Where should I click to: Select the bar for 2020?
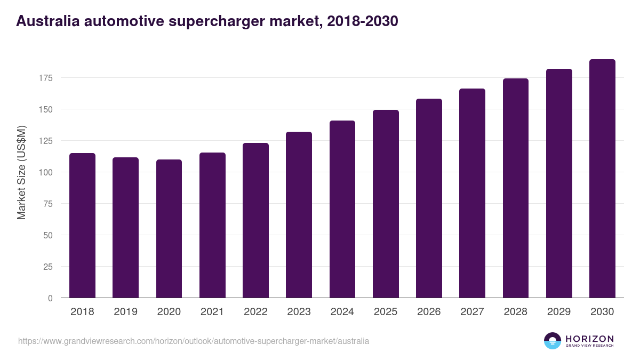coord(169,229)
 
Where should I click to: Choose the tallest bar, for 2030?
coord(602,179)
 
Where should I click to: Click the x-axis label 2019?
coord(125,312)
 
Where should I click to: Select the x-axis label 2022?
coord(255,312)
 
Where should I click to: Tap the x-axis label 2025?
coord(386,312)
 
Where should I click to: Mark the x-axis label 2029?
coord(559,312)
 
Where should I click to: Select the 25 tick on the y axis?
coord(48,267)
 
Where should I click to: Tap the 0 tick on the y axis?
coord(50,298)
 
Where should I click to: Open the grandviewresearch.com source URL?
coord(193,341)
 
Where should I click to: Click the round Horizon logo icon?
coord(553,341)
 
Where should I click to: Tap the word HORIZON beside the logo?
coord(589,338)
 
